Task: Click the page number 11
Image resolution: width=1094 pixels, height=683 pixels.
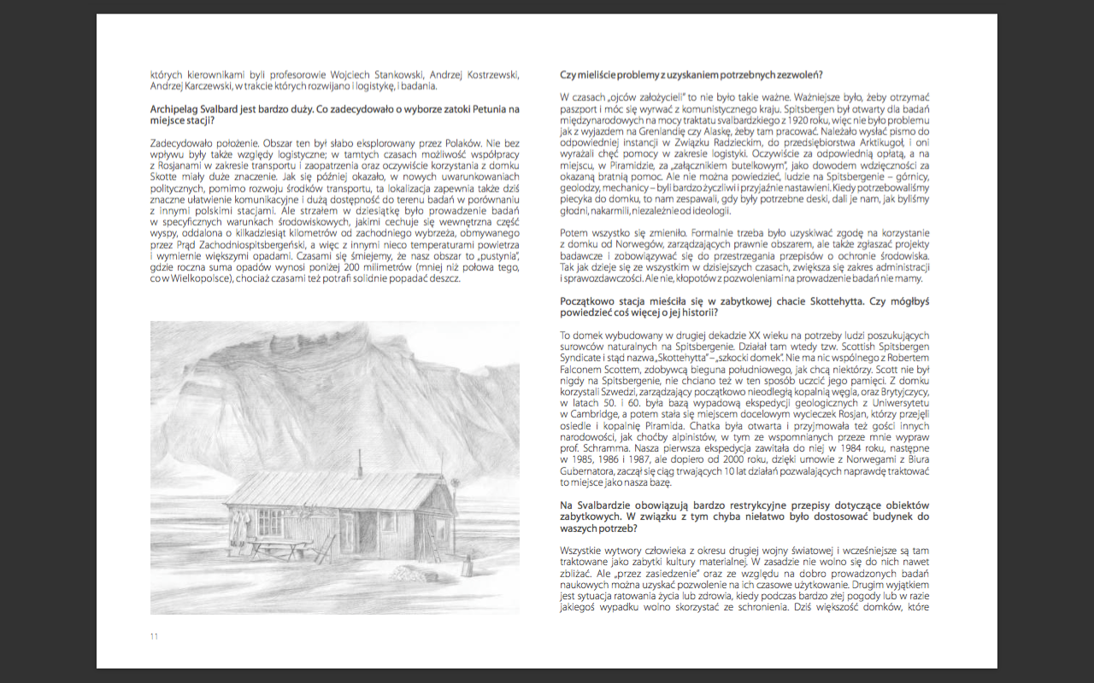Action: point(155,636)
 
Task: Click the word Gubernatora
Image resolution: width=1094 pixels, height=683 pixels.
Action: point(590,470)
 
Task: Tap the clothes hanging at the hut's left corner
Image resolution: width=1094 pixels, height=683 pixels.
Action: point(237,528)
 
